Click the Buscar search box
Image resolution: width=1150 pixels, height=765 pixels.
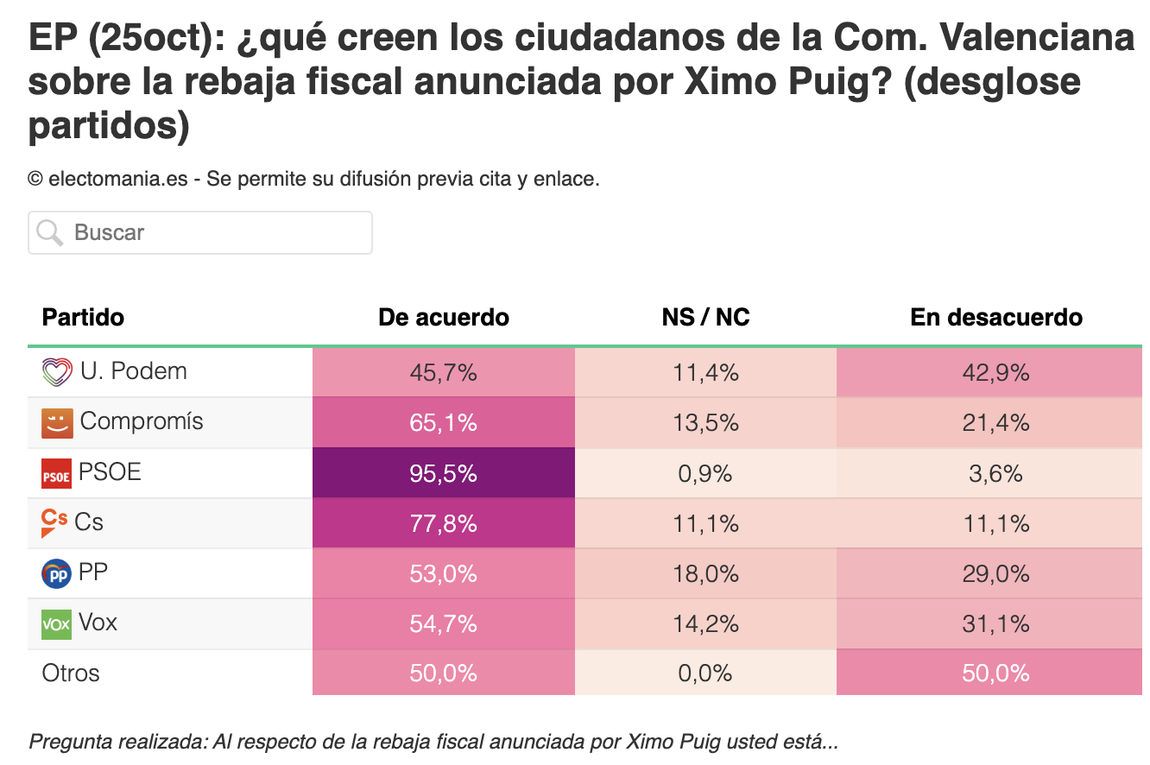point(200,232)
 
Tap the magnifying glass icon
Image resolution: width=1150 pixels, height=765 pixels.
point(49,233)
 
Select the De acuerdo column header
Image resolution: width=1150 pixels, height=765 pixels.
point(444,317)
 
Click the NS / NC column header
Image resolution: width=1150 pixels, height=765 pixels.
point(705,317)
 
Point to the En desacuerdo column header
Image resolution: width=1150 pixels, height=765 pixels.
point(996,317)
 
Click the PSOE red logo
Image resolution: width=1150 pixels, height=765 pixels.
point(56,473)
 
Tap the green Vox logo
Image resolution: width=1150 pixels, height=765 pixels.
point(56,624)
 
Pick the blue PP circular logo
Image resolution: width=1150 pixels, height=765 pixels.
point(56,573)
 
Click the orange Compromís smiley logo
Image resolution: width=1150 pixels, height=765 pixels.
point(57,424)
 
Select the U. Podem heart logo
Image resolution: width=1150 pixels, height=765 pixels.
point(57,372)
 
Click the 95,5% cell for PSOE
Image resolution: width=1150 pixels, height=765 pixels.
point(444,473)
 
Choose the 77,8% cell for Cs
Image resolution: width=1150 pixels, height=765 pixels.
point(444,523)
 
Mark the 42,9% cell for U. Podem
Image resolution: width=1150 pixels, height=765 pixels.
point(989,372)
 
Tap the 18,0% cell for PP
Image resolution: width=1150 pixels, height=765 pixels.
point(706,573)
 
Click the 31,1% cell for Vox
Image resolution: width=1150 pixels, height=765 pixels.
point(989,623)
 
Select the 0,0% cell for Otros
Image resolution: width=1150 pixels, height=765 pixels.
point(706,673)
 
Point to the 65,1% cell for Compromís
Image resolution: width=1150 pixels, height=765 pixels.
point(444,422)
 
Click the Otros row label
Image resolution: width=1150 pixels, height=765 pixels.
point(70,673)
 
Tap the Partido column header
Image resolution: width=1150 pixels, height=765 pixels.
point(83,317)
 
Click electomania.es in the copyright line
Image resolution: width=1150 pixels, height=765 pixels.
point(118,180)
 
